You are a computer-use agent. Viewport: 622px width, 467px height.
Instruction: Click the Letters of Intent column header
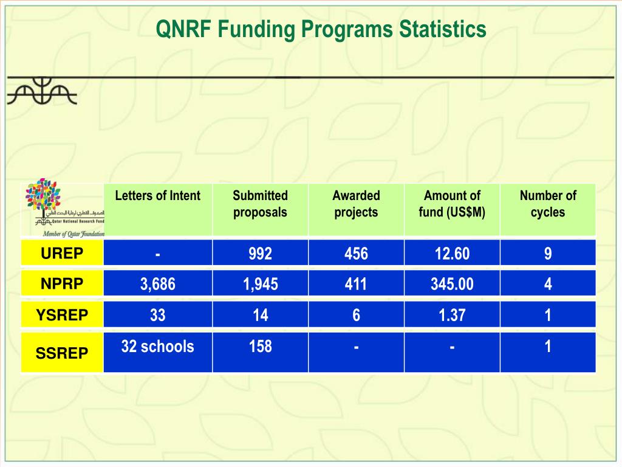[x=157, y=196]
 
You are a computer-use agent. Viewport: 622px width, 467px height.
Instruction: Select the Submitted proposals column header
[x=260, y=204]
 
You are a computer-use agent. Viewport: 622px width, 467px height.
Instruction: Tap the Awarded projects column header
[x=356, y=204]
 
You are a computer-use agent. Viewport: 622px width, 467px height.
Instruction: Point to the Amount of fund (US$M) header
[x=452, y=204]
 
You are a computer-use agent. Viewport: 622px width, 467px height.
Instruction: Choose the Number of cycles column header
[x=548, y=204]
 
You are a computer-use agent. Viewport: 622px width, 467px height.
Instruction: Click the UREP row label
[x=62, y=253]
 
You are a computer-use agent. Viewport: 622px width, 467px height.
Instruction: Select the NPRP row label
[x=62, y=284]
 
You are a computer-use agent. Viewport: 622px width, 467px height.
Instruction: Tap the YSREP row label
[x=62, y=315]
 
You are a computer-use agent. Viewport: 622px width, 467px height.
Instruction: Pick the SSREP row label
[x=62, y=353]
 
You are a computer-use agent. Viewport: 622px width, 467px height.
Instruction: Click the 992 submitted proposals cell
[x=260, y=253]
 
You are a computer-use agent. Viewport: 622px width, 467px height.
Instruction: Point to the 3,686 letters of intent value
[x=157, y=284]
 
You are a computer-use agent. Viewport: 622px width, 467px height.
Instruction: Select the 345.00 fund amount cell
[x=452, y=284]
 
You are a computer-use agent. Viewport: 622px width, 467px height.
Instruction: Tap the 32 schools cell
[x=157, y=347]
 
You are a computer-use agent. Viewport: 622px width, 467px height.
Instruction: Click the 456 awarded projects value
[x=356, y=253]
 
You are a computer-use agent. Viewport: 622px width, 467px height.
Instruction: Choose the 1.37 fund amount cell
[x=452, y=315]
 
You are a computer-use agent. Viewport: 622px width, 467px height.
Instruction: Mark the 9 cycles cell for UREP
[x=548, y=253]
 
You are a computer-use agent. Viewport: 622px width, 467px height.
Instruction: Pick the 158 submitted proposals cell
[x=260, y=347]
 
